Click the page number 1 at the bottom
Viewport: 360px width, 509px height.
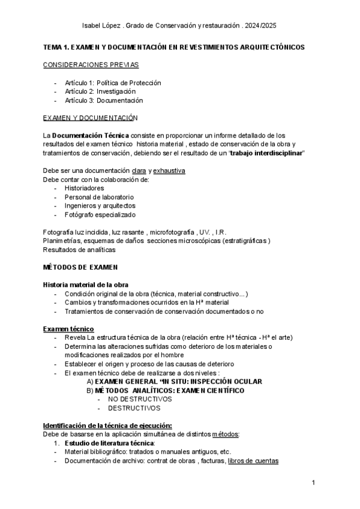(x=314, y=483)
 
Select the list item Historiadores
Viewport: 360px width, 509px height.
(x=84, y=188)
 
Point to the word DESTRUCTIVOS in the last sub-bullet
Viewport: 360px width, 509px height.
(x=134, y=408)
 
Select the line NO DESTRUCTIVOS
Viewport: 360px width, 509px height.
(x=140, y=399)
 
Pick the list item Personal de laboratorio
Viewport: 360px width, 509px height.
(x=99, y=197)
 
